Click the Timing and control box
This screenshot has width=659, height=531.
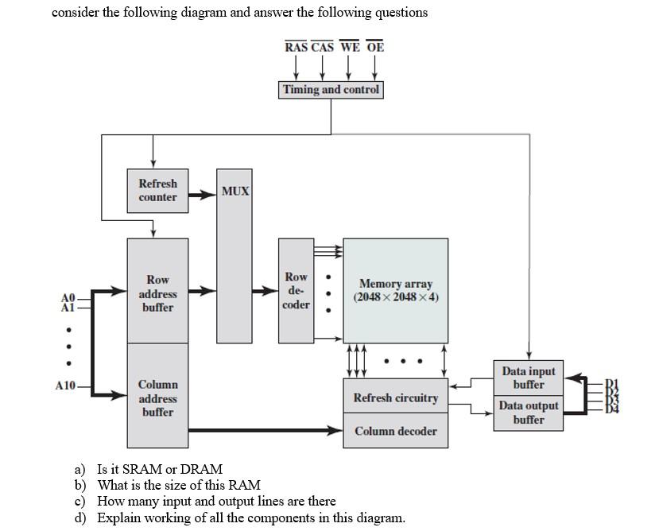pyautogui.click(x=331, y=90)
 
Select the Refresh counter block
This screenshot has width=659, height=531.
pyautogui.click(x=157, y=191)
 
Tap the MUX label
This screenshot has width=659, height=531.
pyautogui.click(x=235, y=192)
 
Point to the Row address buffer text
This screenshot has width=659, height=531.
pyautogui.click(x=157, y=293)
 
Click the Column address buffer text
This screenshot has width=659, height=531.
pyautogui.click(x=157, y=398)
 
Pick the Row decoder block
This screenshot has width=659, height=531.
pyautogui.click(x=296, y=291)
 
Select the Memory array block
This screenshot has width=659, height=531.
pyautogui.click(x=395, y=290)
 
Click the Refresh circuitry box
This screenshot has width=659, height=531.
pyautogui.click(x=395, y=397)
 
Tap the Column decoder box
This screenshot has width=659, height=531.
pyautogui.click(x=395, y=431)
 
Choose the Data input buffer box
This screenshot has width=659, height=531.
pyautogui.click(x=529, y=378)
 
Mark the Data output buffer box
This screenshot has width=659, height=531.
pyautogui.click(x=529, y=413)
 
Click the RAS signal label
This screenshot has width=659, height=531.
pyautogui.click(x=296, y=48)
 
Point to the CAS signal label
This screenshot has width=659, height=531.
pyautogui.click(x=323, y=48)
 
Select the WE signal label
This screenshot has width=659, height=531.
pyautogui.click(x=349, y=48)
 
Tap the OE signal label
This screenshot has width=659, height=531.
pyautogui.click(x=375, y=48)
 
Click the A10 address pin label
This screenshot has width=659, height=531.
pyautogui.click(x=65, y=386)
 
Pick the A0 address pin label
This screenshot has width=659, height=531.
pyautogui.click(x=68, y=298)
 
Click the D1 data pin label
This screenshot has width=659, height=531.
pyautogui.click(x=611, y=383)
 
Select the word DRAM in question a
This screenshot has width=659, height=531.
pyautogui.click(x=203, y=469)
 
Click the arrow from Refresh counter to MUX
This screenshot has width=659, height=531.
pyautogui.click(x=202, y=193)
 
